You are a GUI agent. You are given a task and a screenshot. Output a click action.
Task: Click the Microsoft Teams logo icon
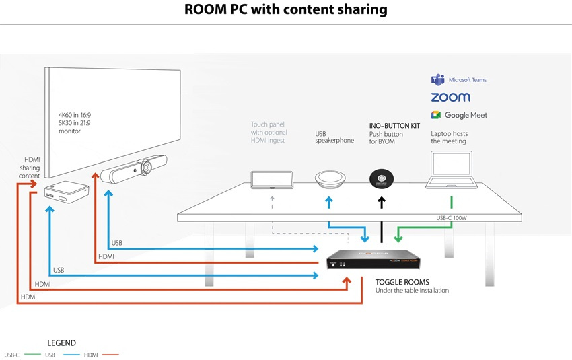[x=436, y=80]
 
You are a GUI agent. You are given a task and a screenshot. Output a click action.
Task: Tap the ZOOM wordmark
[x=450, y=98]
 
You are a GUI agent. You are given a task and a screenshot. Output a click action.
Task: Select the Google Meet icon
[x=436, y=115]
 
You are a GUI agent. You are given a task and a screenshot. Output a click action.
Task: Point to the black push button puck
[x=382, y=179]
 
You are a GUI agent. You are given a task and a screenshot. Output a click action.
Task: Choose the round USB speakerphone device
[x=328, y=179]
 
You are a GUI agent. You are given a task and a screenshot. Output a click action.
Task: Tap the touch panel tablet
[x=272, y=180]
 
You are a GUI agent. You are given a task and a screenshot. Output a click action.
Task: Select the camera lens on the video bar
[x=148, y=166]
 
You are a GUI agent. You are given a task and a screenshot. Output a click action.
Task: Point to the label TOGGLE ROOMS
[x=402, y=282]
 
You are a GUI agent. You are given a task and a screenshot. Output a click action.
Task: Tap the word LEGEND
[x=61, y=343]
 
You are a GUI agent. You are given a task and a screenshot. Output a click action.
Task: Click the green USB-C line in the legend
[x=32, y=355]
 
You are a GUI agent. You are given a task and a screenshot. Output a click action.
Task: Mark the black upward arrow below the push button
[x=382, y=202]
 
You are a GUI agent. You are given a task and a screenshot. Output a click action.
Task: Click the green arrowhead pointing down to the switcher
[x=398, y=238]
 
